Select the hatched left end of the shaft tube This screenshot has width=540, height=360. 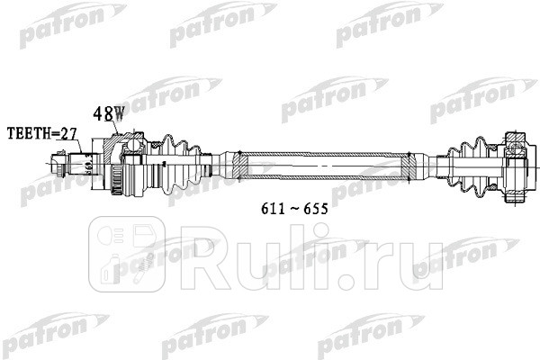coord(238,165)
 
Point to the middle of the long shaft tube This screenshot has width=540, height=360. coord(324,165)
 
